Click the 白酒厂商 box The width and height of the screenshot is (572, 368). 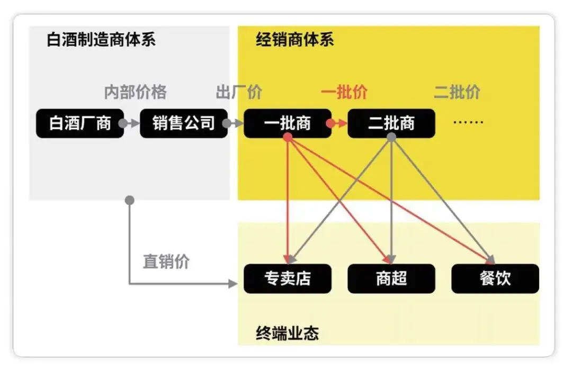80,123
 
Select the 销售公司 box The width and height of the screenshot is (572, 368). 184,123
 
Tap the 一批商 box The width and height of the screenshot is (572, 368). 288,123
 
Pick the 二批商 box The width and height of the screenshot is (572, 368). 391,123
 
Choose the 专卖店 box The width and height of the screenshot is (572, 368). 288,279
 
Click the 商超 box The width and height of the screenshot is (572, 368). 391,279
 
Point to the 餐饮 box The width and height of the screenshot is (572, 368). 495,279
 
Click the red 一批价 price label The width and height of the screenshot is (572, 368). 344,92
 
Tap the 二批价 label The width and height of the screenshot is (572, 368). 457,92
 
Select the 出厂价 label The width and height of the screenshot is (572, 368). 239,92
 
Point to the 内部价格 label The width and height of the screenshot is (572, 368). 135,92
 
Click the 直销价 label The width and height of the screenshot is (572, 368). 166,262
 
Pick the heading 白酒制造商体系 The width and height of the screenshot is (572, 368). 101,40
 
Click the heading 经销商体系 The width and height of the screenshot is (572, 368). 295,40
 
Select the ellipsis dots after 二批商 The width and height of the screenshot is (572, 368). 469,122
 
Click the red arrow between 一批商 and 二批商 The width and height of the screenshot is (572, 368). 339,123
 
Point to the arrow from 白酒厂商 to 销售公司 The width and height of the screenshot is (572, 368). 131,123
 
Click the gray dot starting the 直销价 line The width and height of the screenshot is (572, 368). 130,200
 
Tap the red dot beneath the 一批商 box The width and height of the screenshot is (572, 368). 288,137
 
